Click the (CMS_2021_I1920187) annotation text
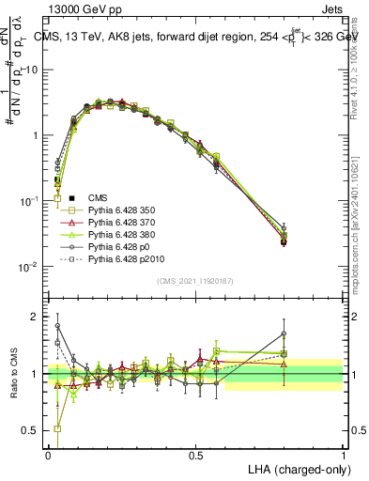click(x=195, y=281)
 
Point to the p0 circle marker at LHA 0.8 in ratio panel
click(x=284, y=334)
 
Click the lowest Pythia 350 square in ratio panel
click(x=58, y=428)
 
